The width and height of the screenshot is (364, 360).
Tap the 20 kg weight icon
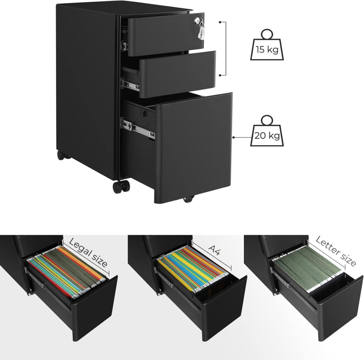[266, 133]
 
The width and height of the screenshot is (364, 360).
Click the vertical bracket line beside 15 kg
[226, 49]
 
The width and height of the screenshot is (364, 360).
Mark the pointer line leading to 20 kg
[241, 137]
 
